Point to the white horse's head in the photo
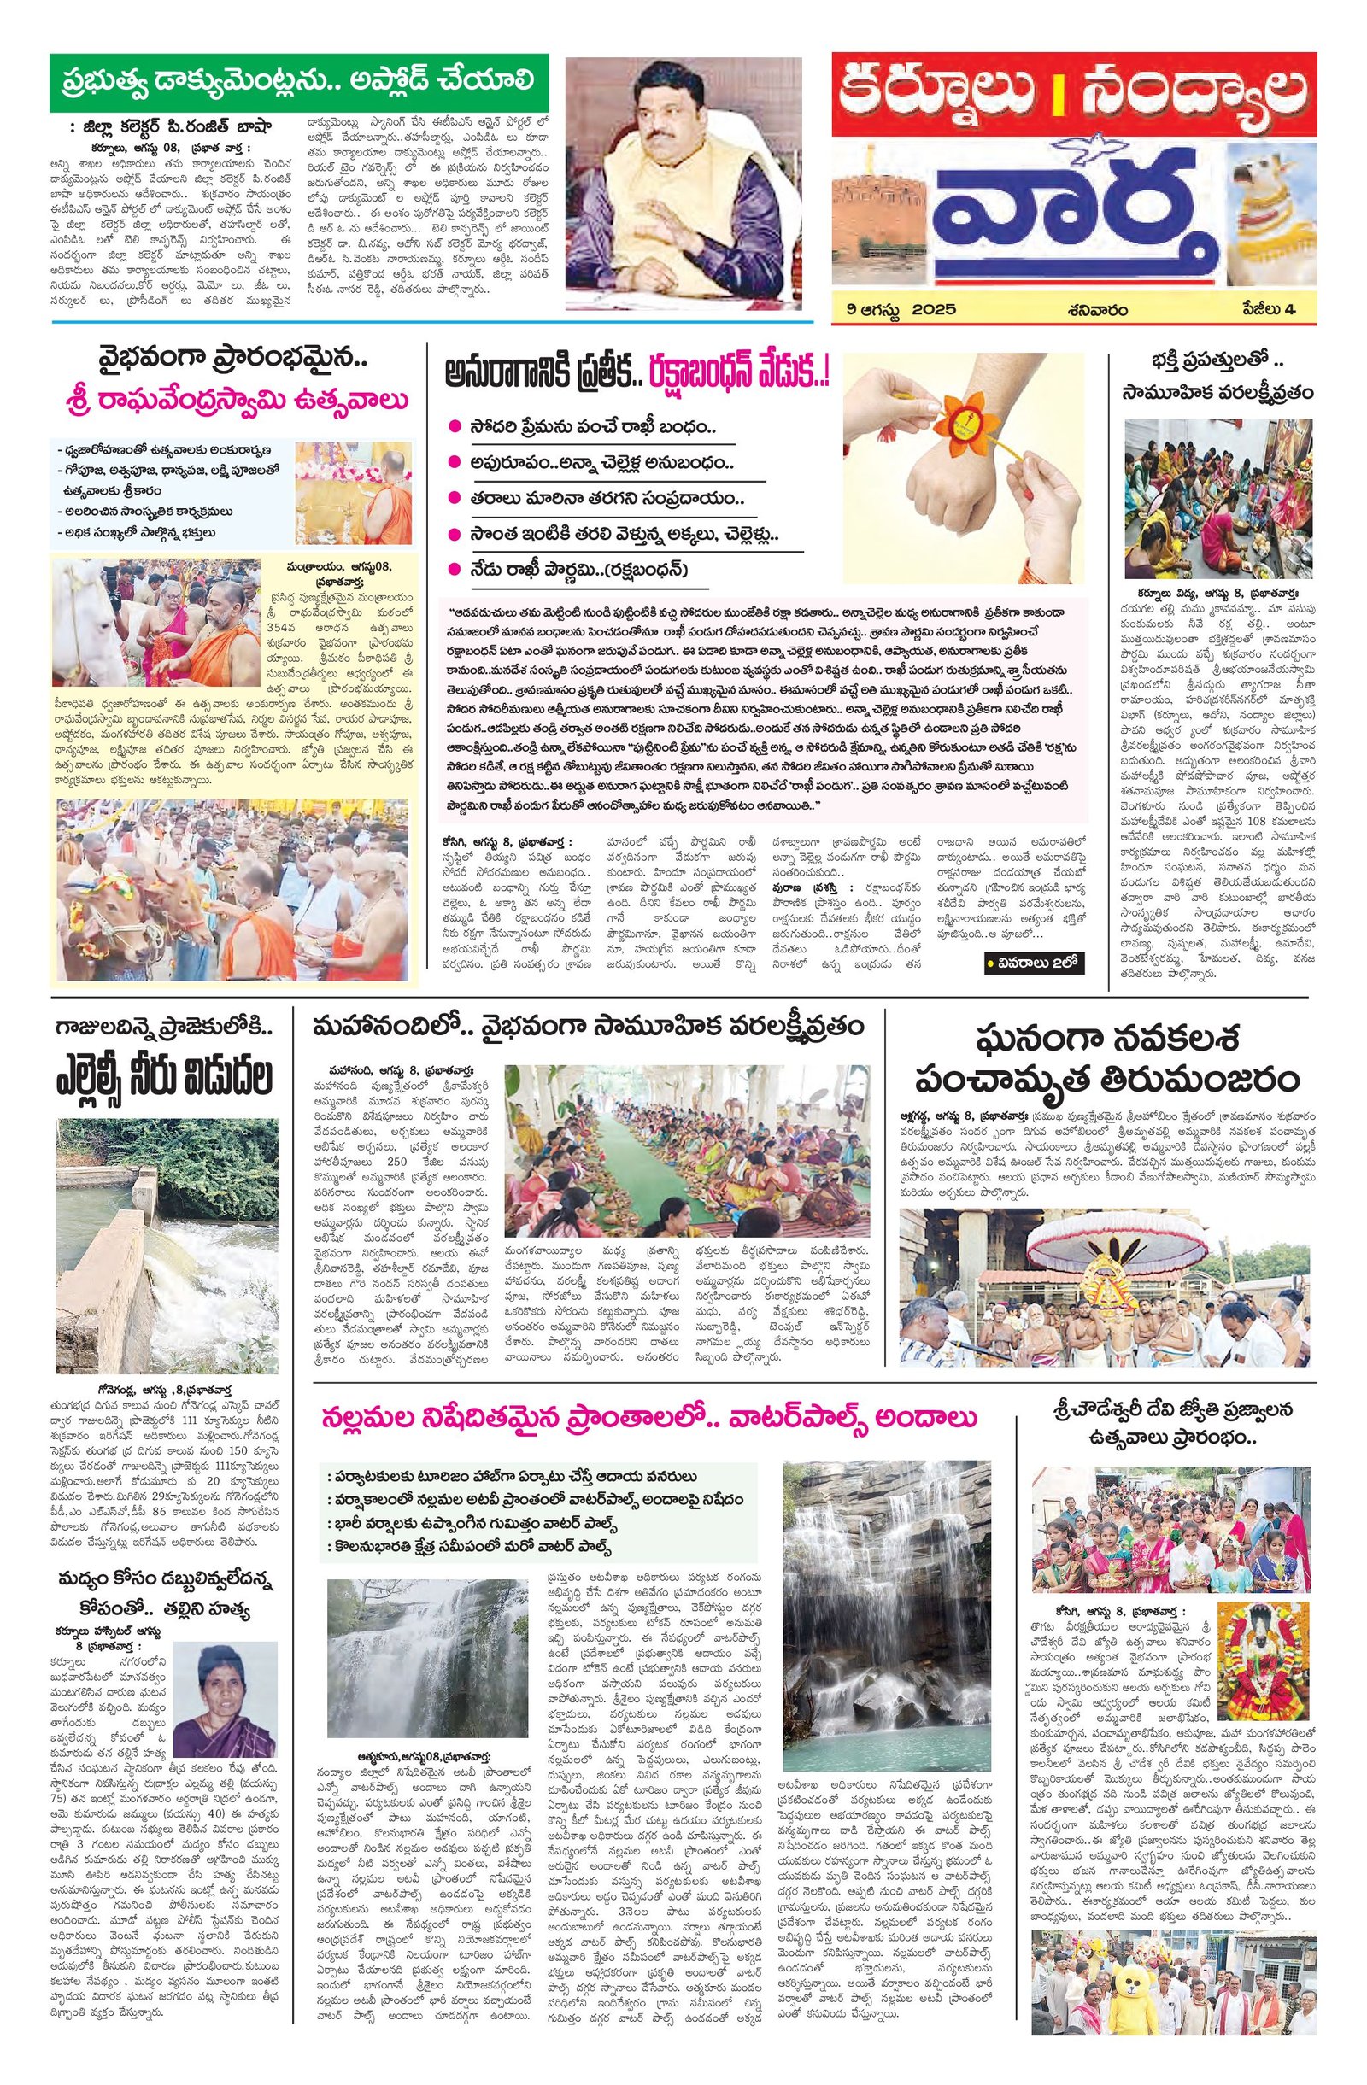click(79, 613)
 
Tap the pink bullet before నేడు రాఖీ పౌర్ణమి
click(454, 570)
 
